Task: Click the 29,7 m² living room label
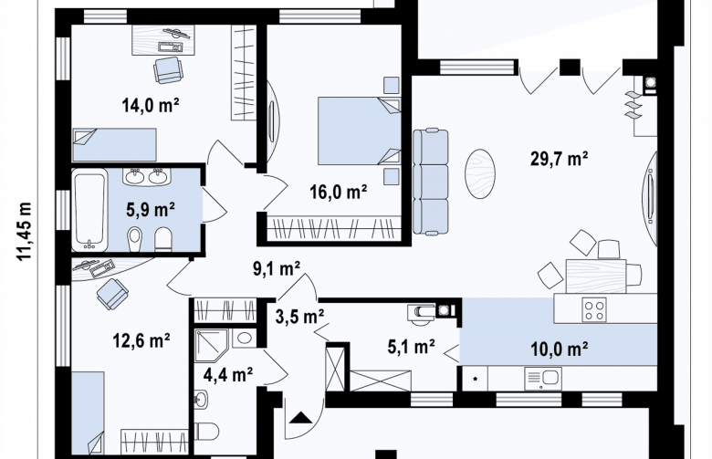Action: [560, 159]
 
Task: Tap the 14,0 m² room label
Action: [151, 105]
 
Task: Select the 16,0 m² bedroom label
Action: [339, 192]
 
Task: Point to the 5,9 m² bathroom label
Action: [151, 210]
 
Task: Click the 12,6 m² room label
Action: [141, 339]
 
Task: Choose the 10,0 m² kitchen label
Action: [560, 349]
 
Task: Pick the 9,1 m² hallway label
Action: [277, 269]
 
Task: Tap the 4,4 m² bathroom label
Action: [228, 374]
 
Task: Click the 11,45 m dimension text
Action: [25, 231]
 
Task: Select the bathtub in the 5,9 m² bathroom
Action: [89, 210]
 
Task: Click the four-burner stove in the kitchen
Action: [595, 309]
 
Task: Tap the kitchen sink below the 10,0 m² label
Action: [543, 378]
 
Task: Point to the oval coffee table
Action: [479, 174]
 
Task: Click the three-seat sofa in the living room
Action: [430, 182]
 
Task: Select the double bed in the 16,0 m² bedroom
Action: [359, 130]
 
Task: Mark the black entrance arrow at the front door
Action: [299, 417]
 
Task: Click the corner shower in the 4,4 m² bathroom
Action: [211, 346]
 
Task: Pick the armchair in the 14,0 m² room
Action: [169, 70]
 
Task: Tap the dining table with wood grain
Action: [596, 276]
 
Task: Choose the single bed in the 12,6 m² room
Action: [89, 413]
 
